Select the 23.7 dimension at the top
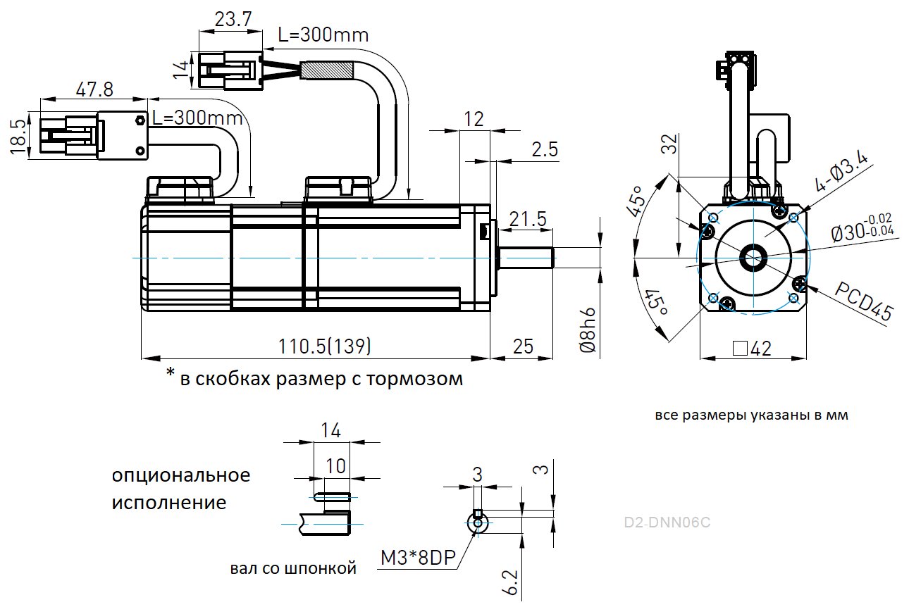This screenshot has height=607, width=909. pyautogui.click(x=233, y=19)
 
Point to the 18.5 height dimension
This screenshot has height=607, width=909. pyautogui.click(x=19, y=134)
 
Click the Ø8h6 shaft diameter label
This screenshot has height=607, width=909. pyautogui.click(x=588, y=331)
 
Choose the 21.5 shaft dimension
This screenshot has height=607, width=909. pyautogui.click(x=528, y=219)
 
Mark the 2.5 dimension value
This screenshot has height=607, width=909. pyautogui.click(x=545, y=149)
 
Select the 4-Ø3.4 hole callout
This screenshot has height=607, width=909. pyautogui.click(x=843, y=173)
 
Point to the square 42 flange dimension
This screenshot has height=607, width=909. pyautogui.click(x=752, y=348)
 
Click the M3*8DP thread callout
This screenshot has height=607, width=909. pyautogui.click(x=418, y=558)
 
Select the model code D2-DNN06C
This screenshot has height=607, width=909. pyautogui.click(x=667, y=522)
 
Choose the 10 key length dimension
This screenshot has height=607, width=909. pyautogui.click(x=336, y=465)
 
